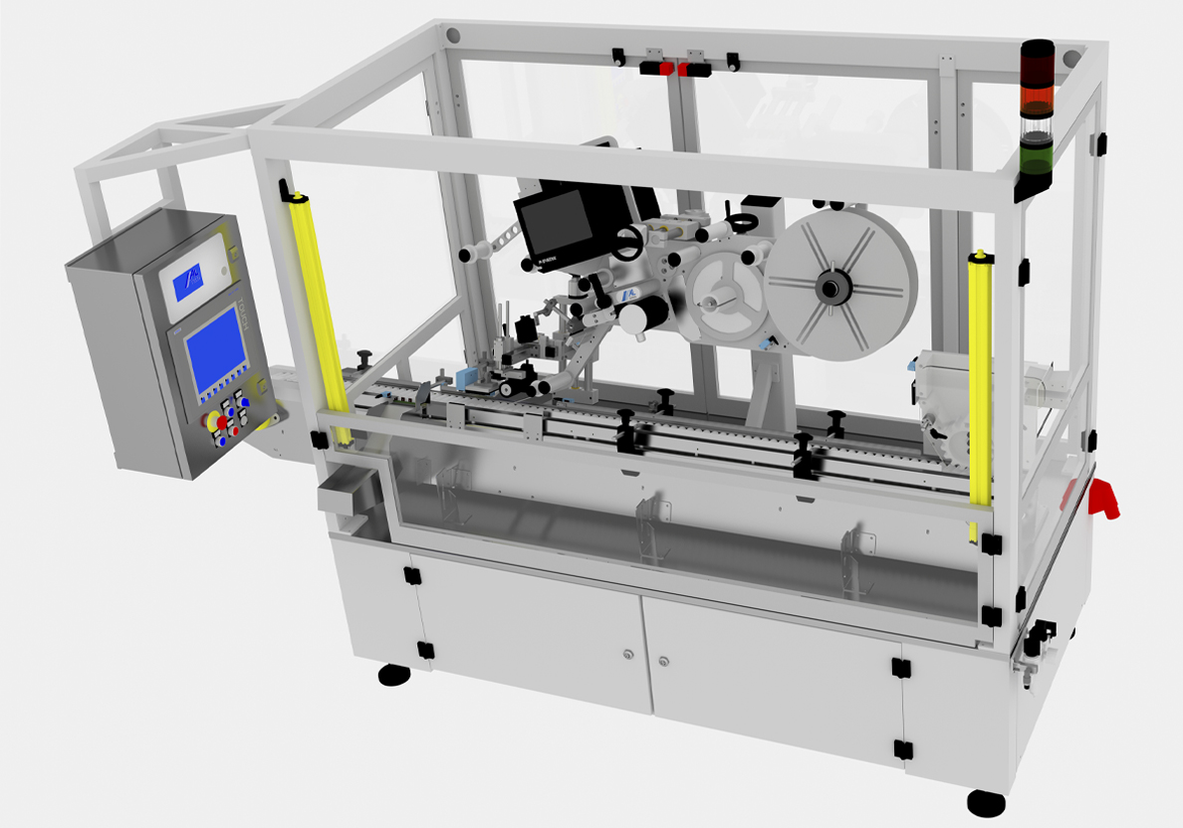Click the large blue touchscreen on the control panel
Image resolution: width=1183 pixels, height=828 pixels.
coord(214,350)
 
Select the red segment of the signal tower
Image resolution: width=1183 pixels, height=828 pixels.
coord(1038,95)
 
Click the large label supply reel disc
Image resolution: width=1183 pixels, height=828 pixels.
coord(841,290)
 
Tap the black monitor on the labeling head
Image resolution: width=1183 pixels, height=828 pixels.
coord(556,223)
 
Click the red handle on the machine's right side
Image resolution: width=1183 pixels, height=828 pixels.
coord(1102,499)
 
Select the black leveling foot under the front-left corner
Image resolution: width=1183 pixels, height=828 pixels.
coord(394,676)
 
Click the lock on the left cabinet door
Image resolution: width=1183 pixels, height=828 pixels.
coord(628,654)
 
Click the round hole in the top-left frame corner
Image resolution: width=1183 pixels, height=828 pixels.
coord(454,36)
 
